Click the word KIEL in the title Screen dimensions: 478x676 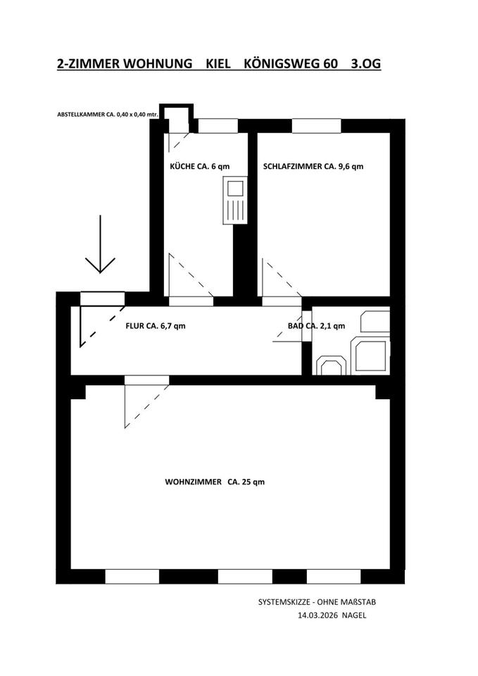coord(219,64)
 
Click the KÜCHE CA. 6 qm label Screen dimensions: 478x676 coord(200,167)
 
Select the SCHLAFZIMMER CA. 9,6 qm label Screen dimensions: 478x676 coord(313,167)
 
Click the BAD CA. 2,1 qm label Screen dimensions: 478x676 coord(316,326)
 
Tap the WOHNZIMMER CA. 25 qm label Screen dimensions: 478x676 coord(215,482)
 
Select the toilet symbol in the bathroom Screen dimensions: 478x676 coord(330,365)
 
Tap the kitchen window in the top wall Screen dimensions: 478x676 coord(217,126)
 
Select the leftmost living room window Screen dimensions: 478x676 coord(132,577)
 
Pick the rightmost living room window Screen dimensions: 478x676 coord(333,577)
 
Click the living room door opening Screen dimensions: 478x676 coord(147,380)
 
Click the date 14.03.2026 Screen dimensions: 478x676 coord(319,615)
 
